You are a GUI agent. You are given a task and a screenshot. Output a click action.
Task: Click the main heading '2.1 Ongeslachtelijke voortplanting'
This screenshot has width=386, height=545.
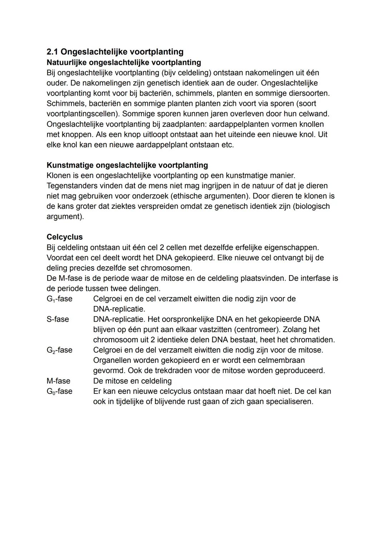(x=115, y=52)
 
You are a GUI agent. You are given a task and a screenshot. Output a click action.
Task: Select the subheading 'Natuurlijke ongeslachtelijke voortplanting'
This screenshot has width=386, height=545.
(x=124, y=63)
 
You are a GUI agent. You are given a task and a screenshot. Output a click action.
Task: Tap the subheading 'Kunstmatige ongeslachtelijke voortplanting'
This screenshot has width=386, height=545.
(x=127, y=165)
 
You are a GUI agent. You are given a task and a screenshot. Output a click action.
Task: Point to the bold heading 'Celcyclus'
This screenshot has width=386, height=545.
(x=65, y=237)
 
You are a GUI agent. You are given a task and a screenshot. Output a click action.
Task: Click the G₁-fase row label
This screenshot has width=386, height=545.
(x=59, y=299)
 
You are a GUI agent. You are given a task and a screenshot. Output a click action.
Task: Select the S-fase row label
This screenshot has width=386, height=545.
(x=58, y=319)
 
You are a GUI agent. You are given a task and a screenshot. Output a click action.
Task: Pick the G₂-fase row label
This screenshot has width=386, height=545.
(x=59, y=350)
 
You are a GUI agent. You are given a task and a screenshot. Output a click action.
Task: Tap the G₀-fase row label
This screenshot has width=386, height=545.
(x=59, y=391)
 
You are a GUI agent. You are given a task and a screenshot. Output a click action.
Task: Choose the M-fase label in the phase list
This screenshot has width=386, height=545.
(x=58, y=381)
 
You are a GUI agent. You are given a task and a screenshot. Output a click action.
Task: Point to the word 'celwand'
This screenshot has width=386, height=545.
(x=314, y=114)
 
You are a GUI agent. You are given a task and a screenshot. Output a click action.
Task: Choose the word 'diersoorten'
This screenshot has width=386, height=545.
(x=306, y=93)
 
